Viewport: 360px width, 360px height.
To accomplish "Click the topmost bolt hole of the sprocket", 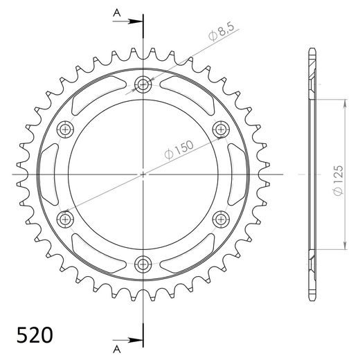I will point(143,85).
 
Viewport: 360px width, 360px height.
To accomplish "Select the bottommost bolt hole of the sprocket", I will point(143,263).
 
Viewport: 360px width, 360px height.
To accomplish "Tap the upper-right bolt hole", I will point(221,129).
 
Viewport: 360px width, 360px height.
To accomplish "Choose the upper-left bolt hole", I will point(66,129).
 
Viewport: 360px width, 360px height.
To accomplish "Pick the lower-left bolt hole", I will point(66,219).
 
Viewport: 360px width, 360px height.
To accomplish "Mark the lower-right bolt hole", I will point(221,219).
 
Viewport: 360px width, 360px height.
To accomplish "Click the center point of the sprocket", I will point(143,174).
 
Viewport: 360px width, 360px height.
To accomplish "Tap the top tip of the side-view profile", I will point(311,50).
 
